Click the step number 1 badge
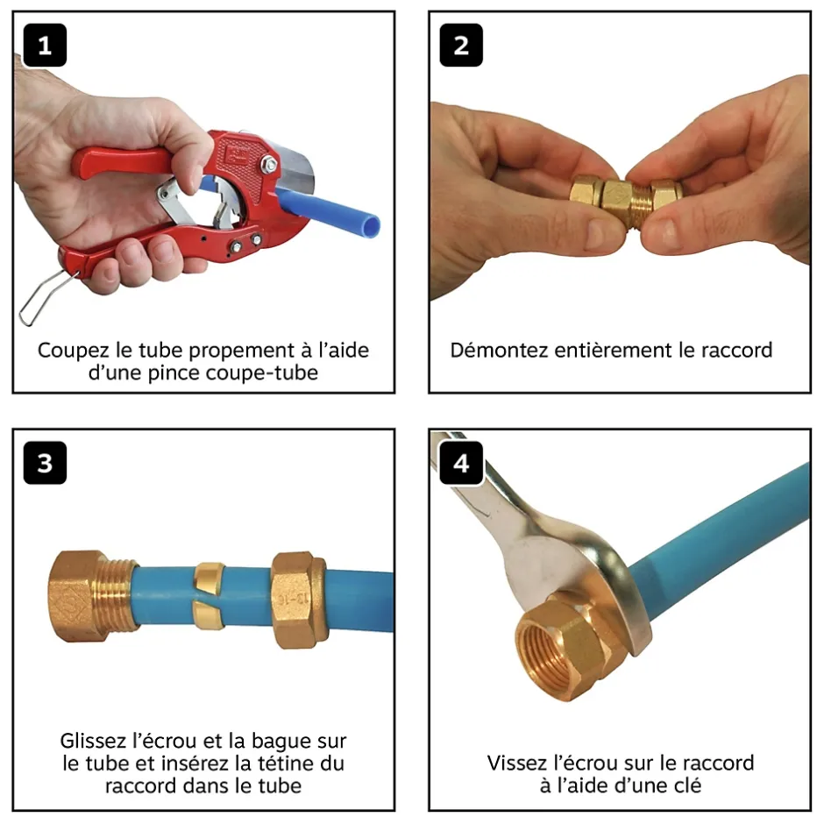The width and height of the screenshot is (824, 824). tap(45, 46)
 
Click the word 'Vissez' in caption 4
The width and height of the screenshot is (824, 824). tap(515, 763)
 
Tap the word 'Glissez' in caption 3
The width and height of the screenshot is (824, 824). tap(96, 741)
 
